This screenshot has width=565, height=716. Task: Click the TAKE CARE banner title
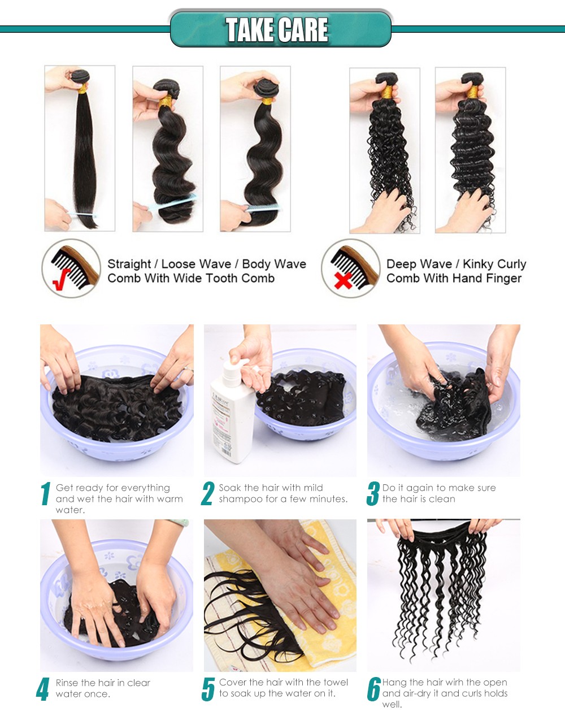(277, 29)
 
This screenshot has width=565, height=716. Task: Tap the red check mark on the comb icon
(61, 279)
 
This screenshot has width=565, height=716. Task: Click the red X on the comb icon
(343, 280)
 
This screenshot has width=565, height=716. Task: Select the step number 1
(46, 493)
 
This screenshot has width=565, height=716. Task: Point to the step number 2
(207, 493)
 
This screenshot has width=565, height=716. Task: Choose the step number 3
(373, 493)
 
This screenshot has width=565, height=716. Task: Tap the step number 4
(42, 689)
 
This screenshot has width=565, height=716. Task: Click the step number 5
(208, 689)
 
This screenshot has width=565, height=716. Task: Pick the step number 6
(373, 688)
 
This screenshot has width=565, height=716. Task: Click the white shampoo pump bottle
(231, 413)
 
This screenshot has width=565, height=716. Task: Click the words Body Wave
(274, 264)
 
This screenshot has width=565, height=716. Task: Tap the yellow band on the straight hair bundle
(82, 89)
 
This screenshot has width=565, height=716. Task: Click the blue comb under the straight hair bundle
(82, 215)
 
